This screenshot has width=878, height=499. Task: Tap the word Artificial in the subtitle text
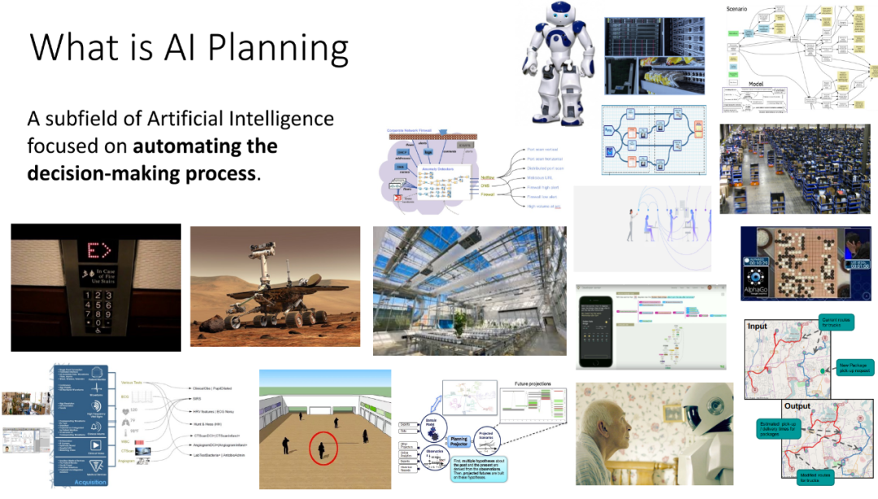click(x=189, y=119)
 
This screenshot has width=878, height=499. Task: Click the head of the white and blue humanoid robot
click(x=560, y=18)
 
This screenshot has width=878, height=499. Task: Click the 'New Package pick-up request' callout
click(x=853, y=367)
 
